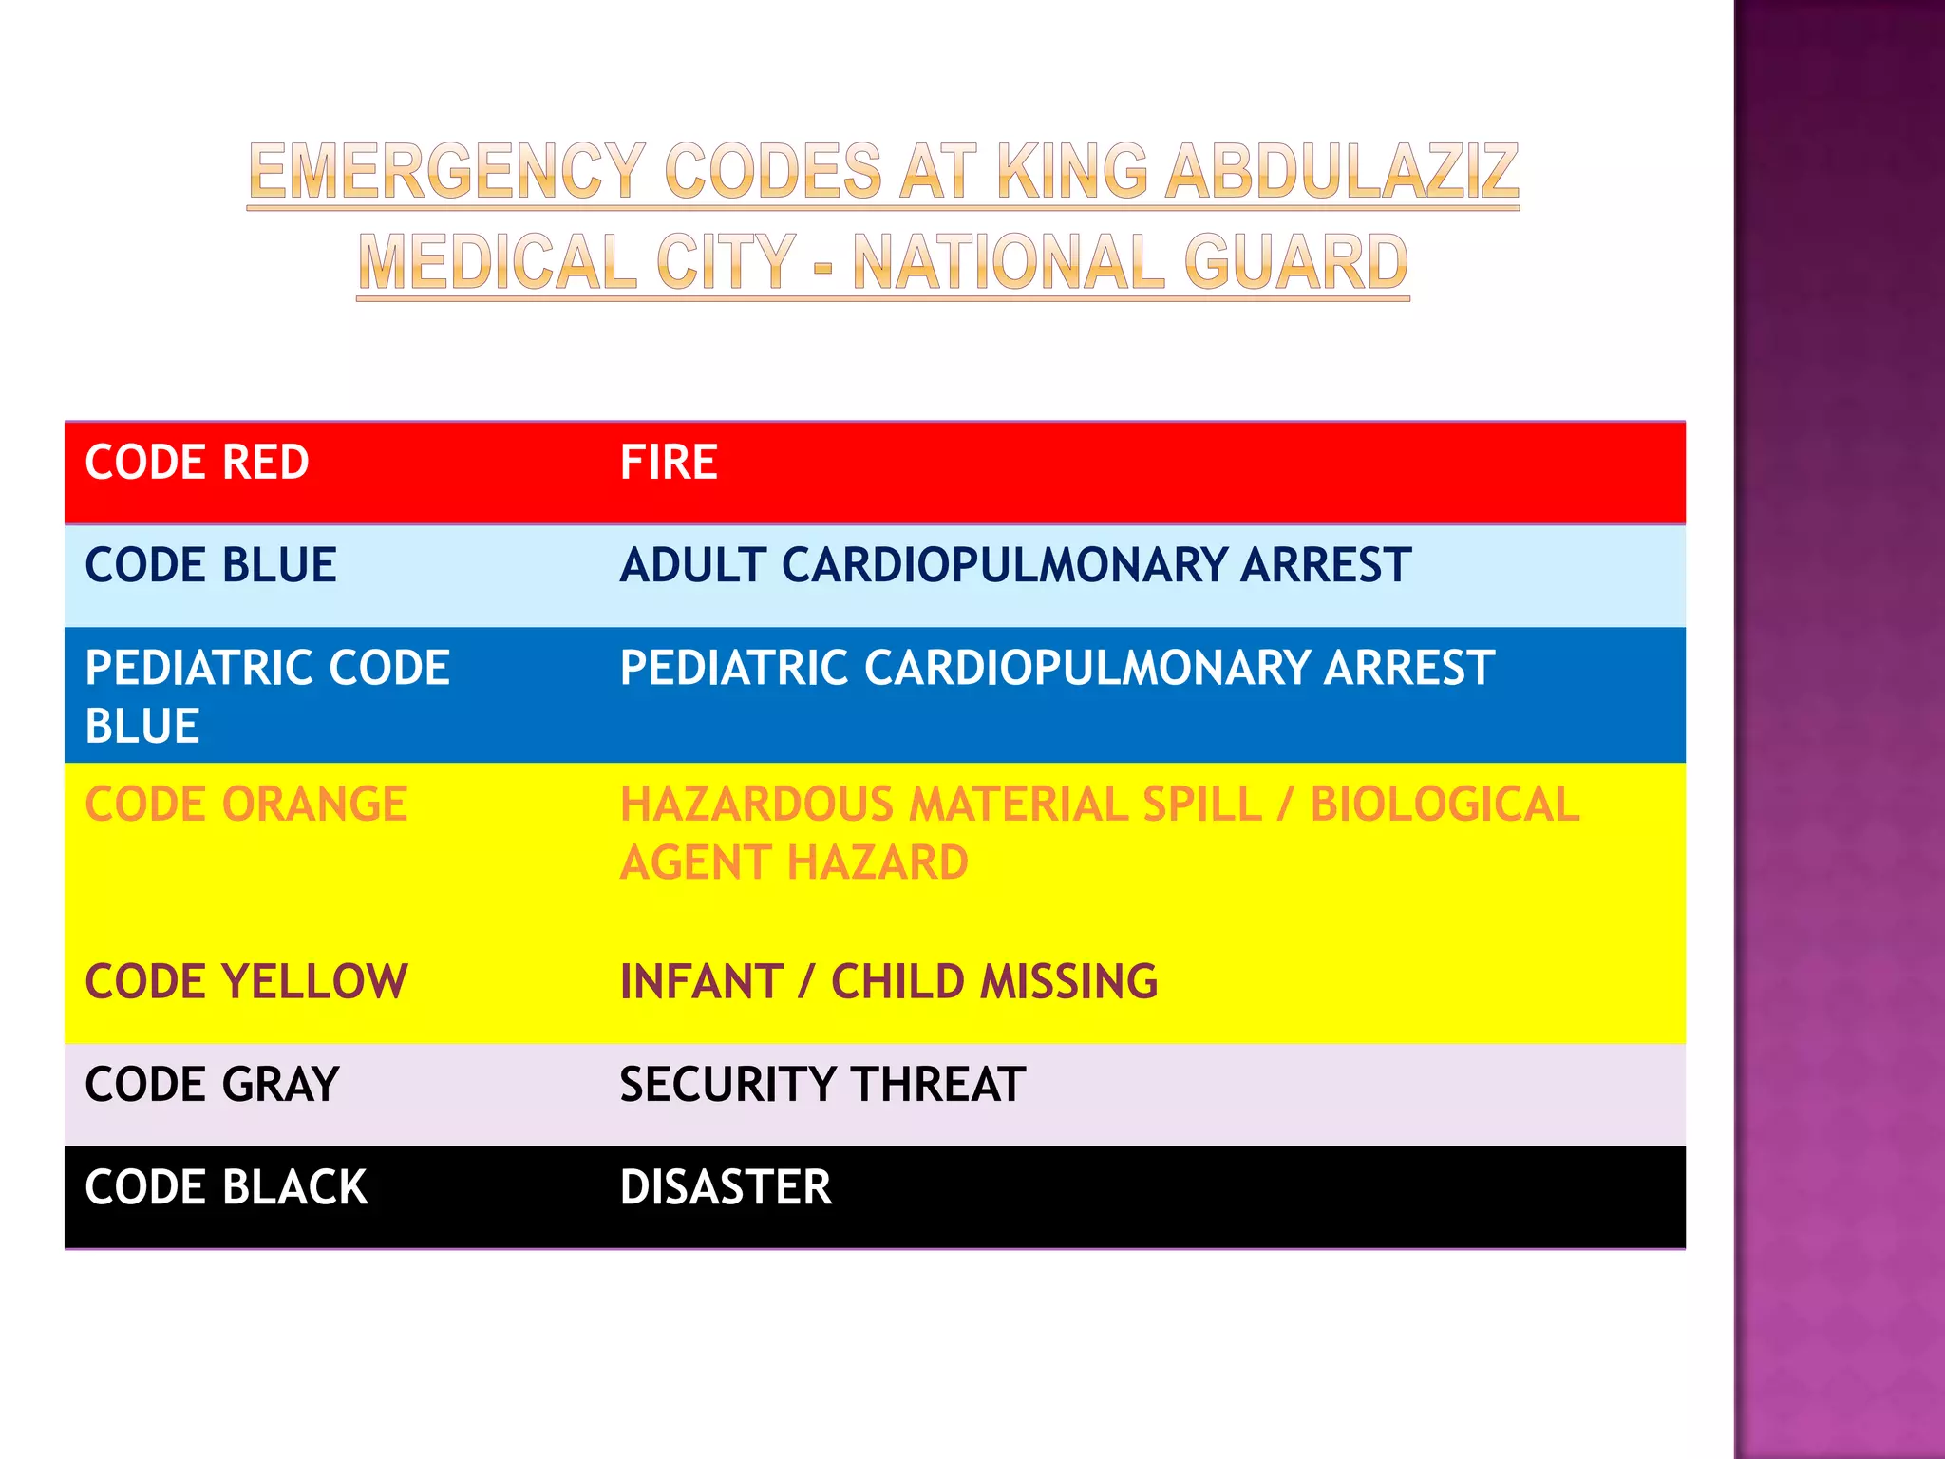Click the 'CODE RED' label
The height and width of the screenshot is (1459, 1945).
click(x=197, y=463)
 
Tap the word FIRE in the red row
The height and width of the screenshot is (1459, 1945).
click(x=669, y=463)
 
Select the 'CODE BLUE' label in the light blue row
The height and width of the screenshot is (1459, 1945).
click(x=211, y=565)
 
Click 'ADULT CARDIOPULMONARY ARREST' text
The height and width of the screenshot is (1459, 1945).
click(x=1015, y=565)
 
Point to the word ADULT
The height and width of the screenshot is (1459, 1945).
click(x=693, y=565)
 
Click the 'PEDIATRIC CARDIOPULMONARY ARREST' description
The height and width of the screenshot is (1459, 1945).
click(x=1057, y=668)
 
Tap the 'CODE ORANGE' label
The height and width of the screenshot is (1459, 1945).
click(x=246, y=805)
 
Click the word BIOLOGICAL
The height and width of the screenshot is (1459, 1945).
click(x=1445, y=805)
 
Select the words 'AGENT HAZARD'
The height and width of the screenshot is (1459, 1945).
click(x=794, y=863)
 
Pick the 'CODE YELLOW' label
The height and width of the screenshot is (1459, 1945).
click(x=246, y=981)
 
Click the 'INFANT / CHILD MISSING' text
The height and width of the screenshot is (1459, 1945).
click(x=889, y=981)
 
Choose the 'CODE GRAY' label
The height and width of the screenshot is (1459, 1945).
click(x=212, y=1084)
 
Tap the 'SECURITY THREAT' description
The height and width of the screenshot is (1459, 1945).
click(x=822, y=1084)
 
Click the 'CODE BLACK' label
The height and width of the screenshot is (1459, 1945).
click(x=226, y=1187)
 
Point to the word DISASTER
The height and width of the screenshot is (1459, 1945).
click(x=726, y=1187)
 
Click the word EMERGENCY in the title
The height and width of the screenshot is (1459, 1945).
click(x=447, y=172)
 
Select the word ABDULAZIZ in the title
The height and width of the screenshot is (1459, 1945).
click(x=1342, y=172)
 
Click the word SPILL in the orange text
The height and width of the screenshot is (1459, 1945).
click(x=1201, y=805)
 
